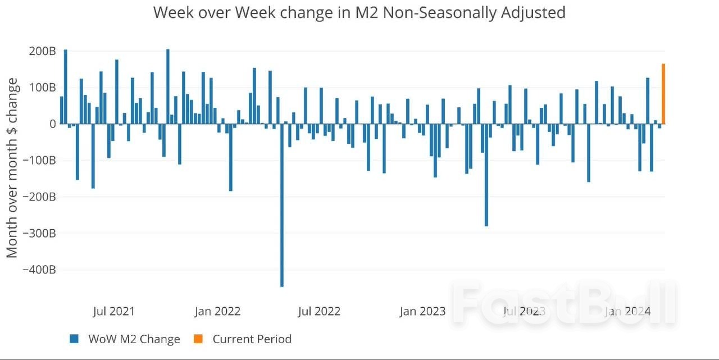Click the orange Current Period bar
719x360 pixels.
click(663, 94)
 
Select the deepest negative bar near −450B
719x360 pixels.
click(282, 205)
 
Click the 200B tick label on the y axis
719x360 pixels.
click(42, 51)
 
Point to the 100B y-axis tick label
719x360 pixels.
click(42, 88)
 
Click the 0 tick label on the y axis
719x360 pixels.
click(53, 124)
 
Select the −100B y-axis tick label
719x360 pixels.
click(39, 161)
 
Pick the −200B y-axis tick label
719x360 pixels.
click(39, 197)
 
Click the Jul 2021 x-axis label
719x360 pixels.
click(114, 311)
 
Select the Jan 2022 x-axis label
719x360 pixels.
click(217, 311)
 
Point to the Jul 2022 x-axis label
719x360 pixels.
click(319, 311)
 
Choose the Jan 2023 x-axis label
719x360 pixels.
click(422, 311)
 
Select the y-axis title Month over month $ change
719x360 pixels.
click(12, 168)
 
